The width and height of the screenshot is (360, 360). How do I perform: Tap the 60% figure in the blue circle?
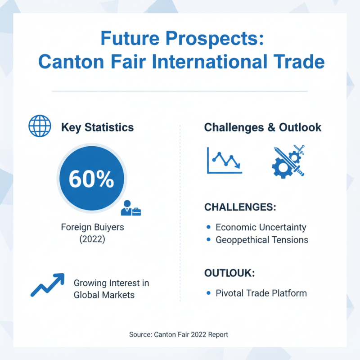(x=91, y=179)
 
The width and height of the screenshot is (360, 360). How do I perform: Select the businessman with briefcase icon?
(x=133, y=208)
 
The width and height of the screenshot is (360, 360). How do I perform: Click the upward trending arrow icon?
(x=47, y=285)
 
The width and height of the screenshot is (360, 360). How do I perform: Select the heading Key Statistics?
(x=97, y=127)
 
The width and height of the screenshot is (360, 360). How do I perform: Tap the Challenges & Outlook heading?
(x=263, y=127)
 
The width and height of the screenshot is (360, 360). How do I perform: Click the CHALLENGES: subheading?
(x=240, y=207)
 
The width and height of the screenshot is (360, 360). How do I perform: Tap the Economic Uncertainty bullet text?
(x=261, y=227)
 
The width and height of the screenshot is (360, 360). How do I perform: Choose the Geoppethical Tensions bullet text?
(x=262, y=240)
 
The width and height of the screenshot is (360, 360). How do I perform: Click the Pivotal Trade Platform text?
(x=261, y=293)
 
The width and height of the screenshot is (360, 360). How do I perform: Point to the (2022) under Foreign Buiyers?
(x=92, y=239)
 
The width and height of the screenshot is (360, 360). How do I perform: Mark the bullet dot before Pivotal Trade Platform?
(x=208, y=293)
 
